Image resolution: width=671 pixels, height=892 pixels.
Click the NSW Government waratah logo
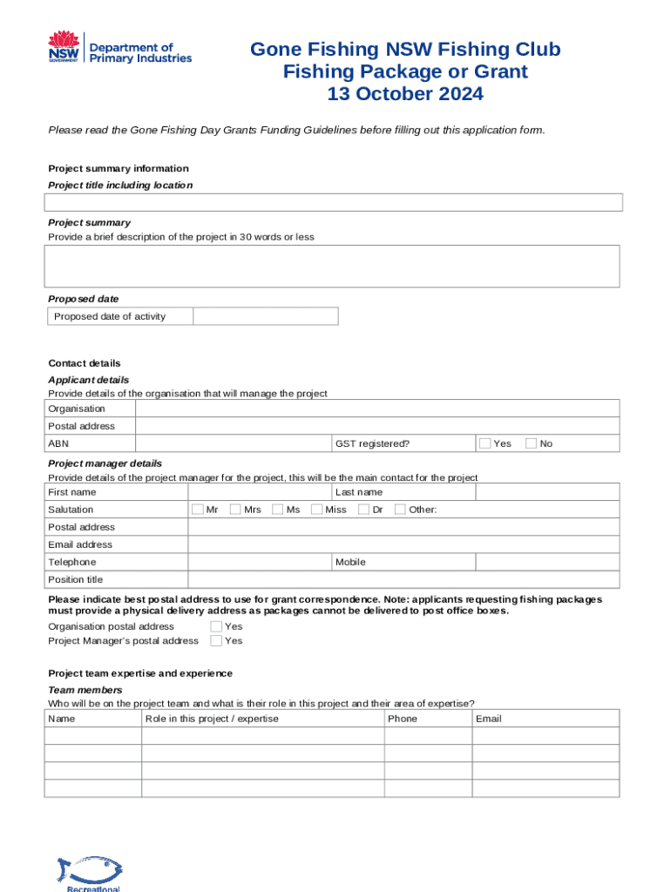[63, 46]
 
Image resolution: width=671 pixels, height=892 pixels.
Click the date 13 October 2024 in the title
[405, 94]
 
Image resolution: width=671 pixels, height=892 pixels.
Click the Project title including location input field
[334, 203]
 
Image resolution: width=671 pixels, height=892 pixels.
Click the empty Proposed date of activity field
[265, 316]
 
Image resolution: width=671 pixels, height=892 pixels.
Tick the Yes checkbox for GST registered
[485, 443]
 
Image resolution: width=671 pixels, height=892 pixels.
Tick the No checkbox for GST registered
[531, 443]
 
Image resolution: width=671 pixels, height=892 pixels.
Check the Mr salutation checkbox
[198, 510]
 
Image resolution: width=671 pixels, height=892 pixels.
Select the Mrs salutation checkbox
[236, 510]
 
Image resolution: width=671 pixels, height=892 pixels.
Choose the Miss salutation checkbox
[317, 510]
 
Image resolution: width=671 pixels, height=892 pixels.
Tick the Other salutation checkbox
[400, 510]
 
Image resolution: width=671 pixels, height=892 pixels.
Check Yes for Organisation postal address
[216, 626]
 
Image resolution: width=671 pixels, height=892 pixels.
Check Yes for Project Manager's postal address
[216, 641]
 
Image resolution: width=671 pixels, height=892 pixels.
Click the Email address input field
[403, 544]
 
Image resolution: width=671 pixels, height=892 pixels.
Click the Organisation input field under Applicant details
[377, 409]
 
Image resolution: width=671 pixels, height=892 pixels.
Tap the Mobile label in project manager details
[351, 562]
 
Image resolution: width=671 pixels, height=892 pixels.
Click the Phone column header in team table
[403, 719]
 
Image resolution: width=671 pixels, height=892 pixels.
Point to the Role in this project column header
[212, 719]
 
